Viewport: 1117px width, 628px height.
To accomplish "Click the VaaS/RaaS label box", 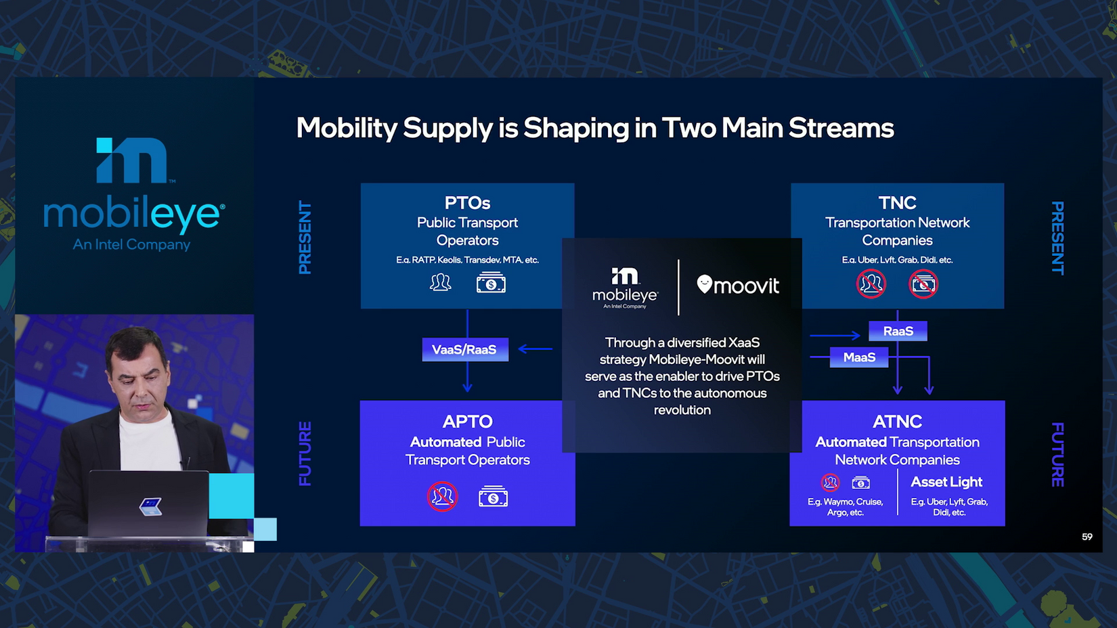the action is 465,349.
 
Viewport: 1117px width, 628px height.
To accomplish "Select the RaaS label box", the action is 898,331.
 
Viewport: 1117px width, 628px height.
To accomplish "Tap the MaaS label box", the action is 858,357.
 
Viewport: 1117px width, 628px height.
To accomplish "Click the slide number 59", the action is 1087,537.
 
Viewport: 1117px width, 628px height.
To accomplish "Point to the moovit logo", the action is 737,285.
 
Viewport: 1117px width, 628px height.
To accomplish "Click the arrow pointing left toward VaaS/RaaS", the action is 535,349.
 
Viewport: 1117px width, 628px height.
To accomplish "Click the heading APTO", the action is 467,422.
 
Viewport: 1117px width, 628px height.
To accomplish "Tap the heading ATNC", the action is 897,422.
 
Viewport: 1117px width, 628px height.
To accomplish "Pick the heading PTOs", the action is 467,203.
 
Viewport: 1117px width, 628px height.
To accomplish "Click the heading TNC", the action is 897,203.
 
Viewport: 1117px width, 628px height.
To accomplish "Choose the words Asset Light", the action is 946,482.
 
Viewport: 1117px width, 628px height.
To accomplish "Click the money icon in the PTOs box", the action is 491,282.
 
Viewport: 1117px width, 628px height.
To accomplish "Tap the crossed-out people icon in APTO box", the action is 442,497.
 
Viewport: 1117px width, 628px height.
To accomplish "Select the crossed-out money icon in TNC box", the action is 923,284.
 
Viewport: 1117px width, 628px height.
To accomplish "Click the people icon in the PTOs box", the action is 440,283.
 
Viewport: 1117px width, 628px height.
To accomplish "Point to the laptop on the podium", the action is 149,503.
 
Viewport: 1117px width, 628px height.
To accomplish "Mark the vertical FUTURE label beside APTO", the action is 305,453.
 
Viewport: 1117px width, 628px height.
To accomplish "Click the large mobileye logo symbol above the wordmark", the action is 131,160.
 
